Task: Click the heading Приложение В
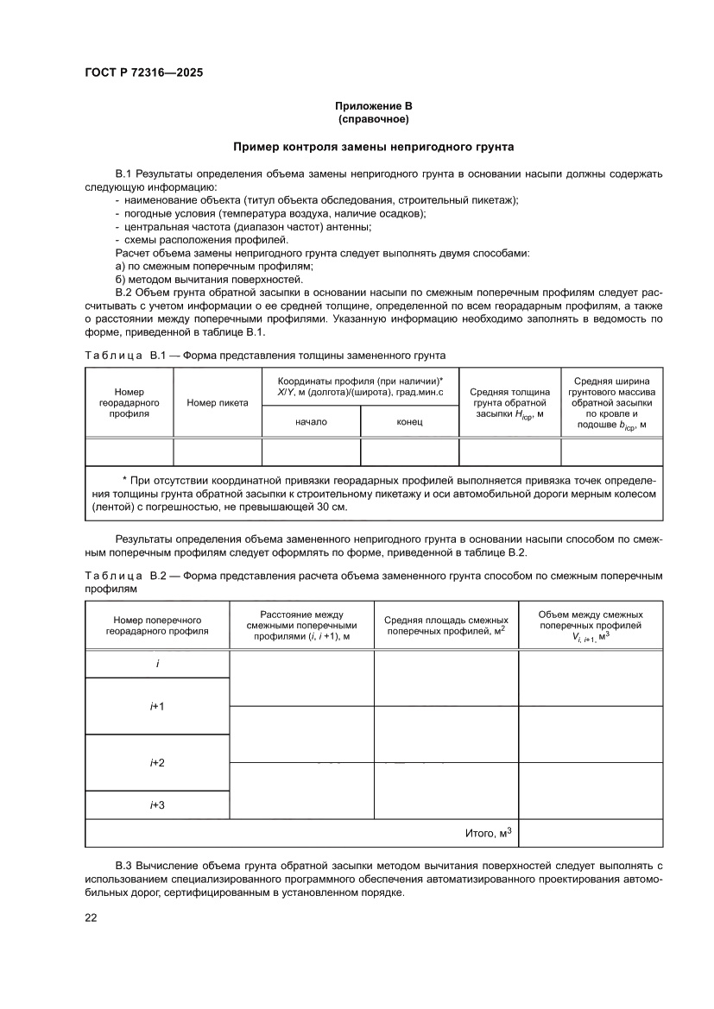374,105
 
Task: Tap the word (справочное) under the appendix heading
374,118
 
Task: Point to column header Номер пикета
218,402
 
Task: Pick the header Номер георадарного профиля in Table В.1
130,402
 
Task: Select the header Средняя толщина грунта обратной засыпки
509,402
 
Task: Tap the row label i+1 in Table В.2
157,706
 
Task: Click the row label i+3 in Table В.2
157,804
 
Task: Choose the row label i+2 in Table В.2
157,762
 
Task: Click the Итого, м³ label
489,833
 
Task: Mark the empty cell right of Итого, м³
591,833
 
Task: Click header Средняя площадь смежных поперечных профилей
445,626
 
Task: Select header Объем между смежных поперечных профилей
591,626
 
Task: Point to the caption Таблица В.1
130,355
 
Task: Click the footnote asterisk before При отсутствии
125,479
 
